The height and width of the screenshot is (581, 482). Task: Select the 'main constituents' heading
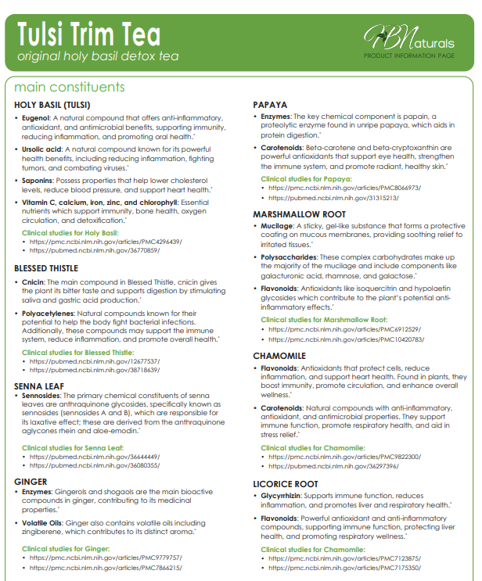pos(69,87)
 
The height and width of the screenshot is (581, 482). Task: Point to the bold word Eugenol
pos(38,117)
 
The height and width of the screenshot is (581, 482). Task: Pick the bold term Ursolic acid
pos(42,149)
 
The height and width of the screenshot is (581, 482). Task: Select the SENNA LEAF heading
pos(40,385)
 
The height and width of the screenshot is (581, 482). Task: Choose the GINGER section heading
pos(31,482)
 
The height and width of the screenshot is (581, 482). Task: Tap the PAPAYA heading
pos(271,105)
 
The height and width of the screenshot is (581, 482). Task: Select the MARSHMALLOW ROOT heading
pos(300,213)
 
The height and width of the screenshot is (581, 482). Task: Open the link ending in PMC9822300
pos(344,456)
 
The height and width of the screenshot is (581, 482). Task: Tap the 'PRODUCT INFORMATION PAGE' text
pos(409,56)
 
